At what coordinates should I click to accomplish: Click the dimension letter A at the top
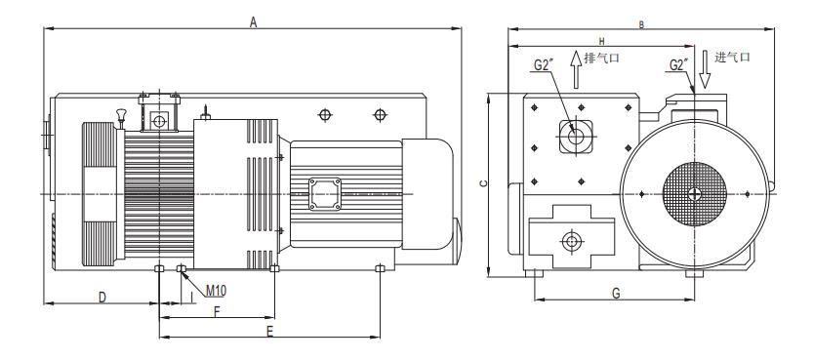point(253,21)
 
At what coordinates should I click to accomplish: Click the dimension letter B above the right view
point(641,24)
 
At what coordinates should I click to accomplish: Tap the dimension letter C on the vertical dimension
point(483,183)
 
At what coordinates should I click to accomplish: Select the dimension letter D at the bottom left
point(102,297)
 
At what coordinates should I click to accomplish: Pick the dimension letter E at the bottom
point(269,332)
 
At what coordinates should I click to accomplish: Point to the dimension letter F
point(218,311)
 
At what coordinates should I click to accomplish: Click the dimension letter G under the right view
point(616,294)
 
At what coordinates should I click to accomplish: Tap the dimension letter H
point(601,41)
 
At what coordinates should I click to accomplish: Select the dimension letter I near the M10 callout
point(192,297)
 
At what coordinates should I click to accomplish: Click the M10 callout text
point(216,290)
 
